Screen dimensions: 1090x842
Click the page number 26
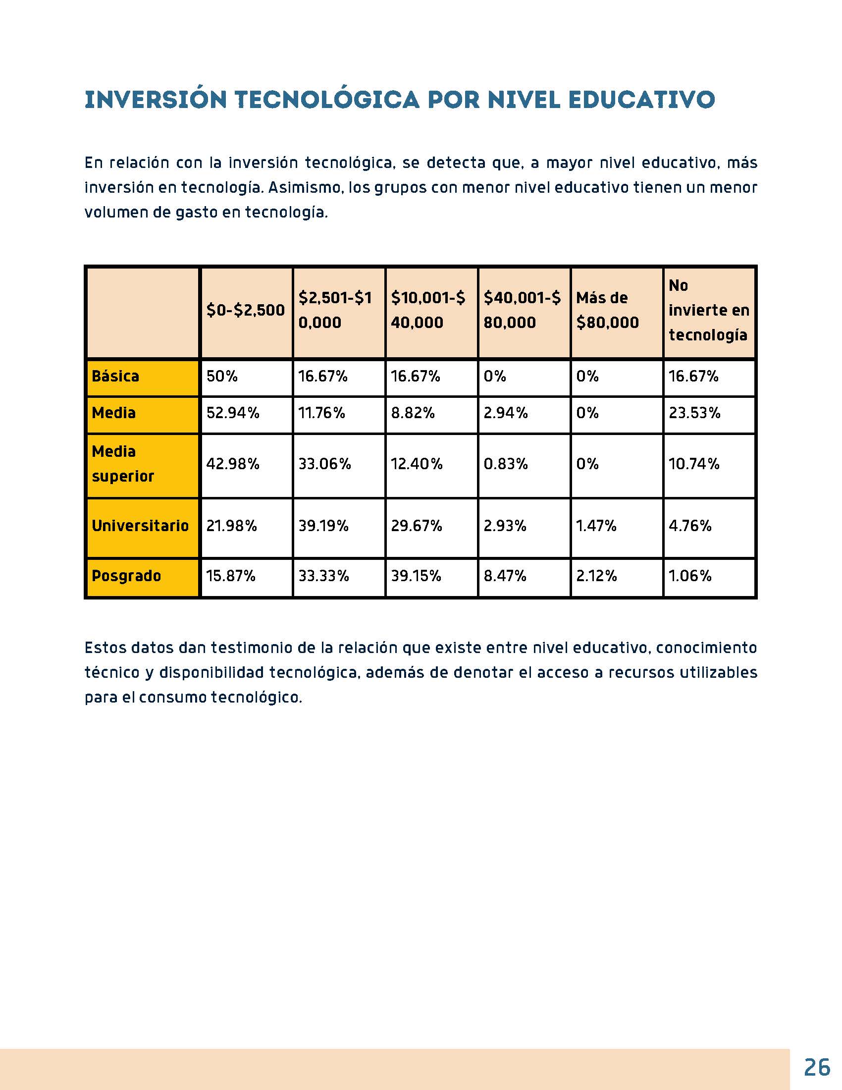click(817, 1067)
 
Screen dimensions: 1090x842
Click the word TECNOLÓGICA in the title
click(327, 99)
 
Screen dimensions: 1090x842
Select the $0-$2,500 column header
click(245, 311)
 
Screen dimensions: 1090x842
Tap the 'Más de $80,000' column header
click(607, 311)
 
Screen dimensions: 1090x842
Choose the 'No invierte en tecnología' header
click(708, 311)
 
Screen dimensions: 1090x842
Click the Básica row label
click(115, 377)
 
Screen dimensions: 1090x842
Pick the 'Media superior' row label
click(123, 464)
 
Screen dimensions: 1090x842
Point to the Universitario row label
click(140, 526)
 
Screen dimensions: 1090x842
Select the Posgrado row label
click(126, 576)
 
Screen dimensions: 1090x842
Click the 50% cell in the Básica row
click(222, 377)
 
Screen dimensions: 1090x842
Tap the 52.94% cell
click(233, 413)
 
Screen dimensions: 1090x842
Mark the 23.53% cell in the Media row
click(694, 413)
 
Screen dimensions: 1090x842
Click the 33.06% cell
click(325, 464)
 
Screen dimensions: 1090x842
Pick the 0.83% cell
click(506, 464)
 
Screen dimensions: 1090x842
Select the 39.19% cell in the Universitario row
click(323, 526)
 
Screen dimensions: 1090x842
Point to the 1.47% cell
click(596, 526)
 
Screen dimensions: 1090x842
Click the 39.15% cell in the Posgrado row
click(416, 576)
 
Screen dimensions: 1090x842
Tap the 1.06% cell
click(690, 576)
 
